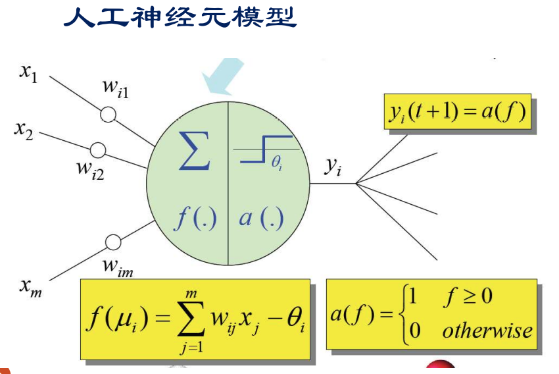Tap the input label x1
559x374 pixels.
[28, 73]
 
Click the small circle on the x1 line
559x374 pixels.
[108, 115]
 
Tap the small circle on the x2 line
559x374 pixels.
[98, 149]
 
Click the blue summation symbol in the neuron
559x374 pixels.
[195, 151]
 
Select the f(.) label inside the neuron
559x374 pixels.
[195, 218]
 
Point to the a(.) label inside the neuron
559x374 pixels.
[261, 218]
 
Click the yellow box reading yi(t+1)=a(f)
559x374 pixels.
[456, 111]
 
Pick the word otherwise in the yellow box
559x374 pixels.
[487, 330]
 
